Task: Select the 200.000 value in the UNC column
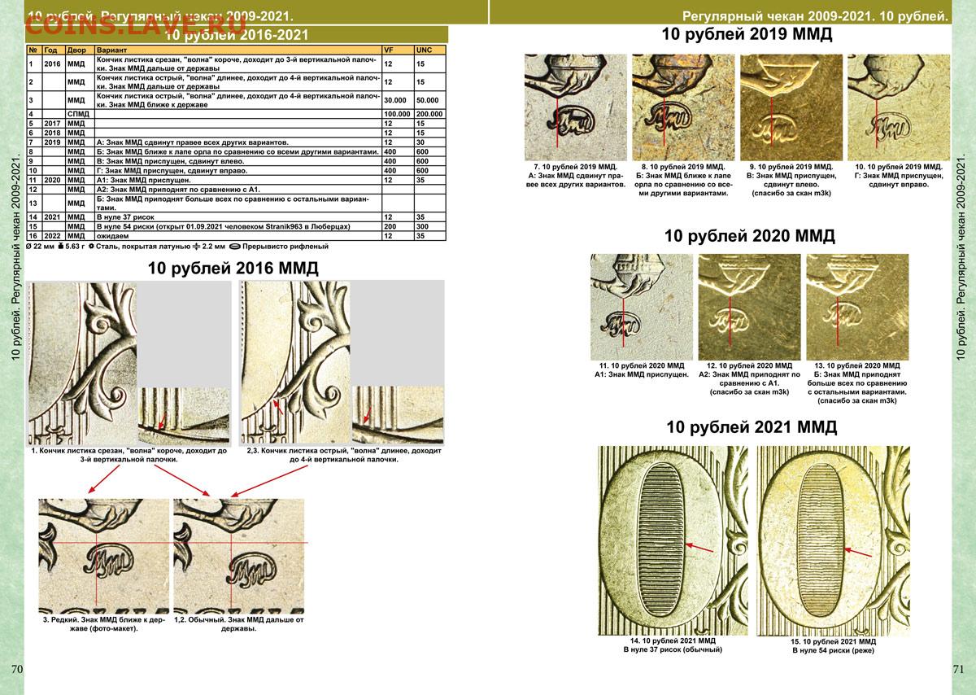[429, 114]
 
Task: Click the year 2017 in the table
[53, 123]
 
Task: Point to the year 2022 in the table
[53, 234]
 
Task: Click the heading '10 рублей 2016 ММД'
[233, 268]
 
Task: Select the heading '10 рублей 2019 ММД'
[746, 35]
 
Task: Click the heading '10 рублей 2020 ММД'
[749, 236]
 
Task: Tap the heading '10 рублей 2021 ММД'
[751, 427]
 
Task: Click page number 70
[17, 669]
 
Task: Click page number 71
[957, 669]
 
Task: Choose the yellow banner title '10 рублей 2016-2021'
[236, 35]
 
